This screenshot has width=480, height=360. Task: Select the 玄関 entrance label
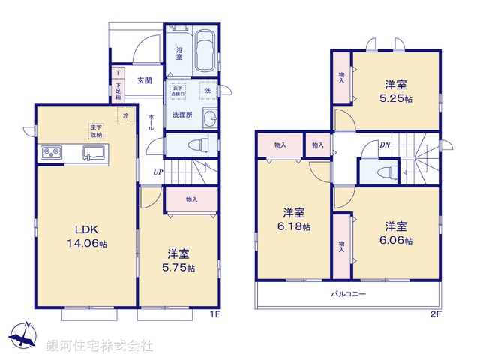144,80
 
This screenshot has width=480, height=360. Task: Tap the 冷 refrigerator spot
127,116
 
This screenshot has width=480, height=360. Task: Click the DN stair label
384,145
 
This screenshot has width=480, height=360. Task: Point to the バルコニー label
349,294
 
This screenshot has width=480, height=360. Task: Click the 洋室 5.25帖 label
397,91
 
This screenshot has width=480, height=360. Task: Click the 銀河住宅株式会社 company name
100,346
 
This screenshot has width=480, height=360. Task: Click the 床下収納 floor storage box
97,132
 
